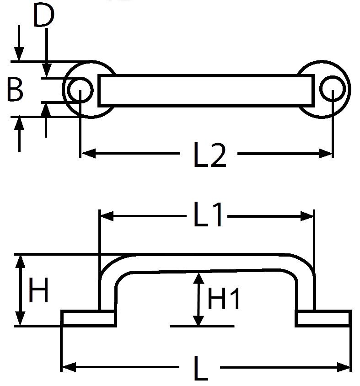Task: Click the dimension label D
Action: coord(43,15)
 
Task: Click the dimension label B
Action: coord(15,89)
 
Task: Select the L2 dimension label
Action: coord(210,155)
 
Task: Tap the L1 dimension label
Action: coord(208,214)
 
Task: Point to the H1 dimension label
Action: coord(224,299)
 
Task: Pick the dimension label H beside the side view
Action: coord(38,289)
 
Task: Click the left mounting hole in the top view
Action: coord(80,89)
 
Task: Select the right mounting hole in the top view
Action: coord(333,89)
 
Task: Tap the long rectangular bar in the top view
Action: coord(206,91)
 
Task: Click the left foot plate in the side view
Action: coord(89,318)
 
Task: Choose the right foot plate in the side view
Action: coord(323,318)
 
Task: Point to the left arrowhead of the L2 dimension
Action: coord(89,153)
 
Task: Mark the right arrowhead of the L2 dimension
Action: coord(326,153)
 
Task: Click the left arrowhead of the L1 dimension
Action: coord(107,216)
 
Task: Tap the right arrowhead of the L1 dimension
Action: coord(306,216)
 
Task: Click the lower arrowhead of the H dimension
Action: coord(20,319)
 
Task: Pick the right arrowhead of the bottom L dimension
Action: coord(344,367)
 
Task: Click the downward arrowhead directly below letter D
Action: coord(47,70)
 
